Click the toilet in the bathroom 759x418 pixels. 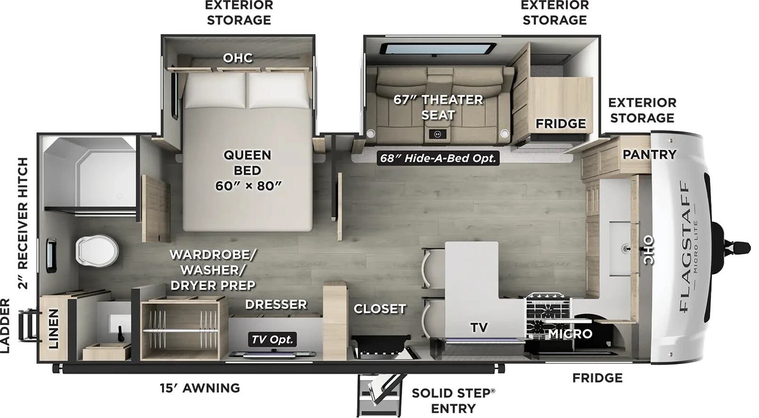click(x=97, y=250)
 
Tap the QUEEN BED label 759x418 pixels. click(x=247, y=170)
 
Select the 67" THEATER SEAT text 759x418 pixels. click(x=438, y=107)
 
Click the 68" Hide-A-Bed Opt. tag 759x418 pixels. click(x=437, y=158)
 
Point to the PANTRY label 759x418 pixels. click(x=649, y=154)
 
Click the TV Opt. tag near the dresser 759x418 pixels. click(x=272, y=339)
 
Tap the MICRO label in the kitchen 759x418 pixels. click(x=570, y=334)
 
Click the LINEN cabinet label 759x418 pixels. click(x=53, y=328)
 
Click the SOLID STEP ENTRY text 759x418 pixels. click(x=453, y=400)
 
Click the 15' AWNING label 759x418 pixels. click(x=199, y=388)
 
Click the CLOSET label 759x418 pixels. click(x=379, y=309)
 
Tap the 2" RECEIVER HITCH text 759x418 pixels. click(x=23, y=223)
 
